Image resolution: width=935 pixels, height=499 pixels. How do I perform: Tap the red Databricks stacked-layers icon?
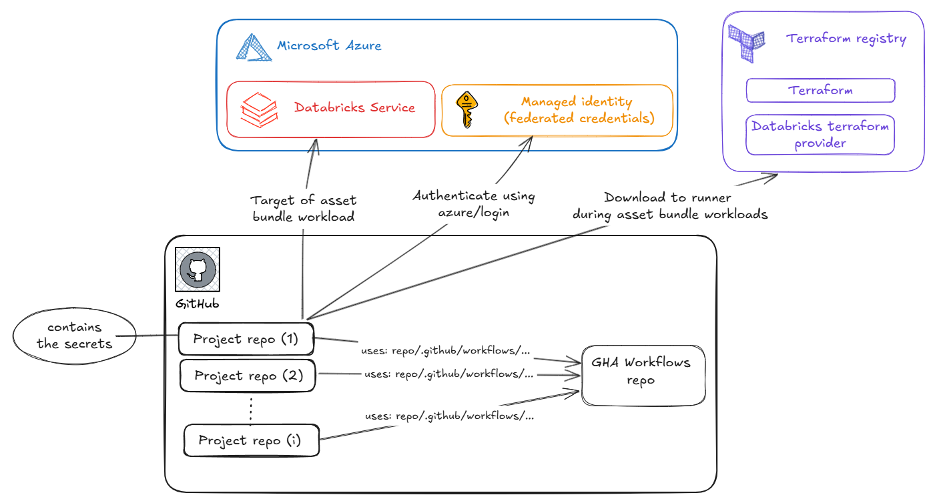pos(258,109)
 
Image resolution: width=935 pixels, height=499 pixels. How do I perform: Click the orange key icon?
pos(465,110)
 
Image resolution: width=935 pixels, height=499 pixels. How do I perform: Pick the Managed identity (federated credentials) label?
pos(578,110)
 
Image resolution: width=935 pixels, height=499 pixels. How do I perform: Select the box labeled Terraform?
pos(820,91)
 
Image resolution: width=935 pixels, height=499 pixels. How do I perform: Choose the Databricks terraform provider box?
pos(820,135)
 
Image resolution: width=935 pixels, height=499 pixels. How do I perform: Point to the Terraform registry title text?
pos(846,39)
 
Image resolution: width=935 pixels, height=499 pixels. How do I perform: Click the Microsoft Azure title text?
pos(329,46)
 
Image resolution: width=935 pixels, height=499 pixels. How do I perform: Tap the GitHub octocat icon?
pos(197,270)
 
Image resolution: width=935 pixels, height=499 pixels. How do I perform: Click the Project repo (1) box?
pos(246,339)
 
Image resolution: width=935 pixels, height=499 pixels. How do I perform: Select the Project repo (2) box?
pos(248,376)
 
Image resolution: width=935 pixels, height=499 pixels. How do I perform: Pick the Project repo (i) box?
pos(251,440)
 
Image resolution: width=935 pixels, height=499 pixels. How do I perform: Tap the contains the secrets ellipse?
pos(74,336)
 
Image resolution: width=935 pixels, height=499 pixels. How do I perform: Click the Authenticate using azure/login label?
pos(473,203)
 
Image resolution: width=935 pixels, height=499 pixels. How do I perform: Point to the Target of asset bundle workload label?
pos(304,208)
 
